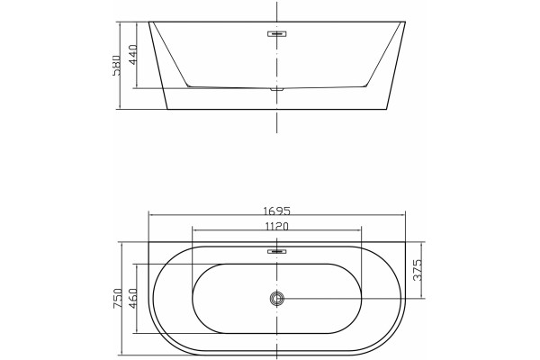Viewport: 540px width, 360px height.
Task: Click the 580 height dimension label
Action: [x=117, y=65]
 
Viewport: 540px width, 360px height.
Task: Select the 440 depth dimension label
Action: [x=133, y=55]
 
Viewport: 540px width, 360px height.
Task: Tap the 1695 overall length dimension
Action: [x=277, y=211]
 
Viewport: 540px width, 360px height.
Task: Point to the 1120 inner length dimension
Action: [x=277, y=226]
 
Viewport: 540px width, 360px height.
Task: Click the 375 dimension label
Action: [x=418, y=270]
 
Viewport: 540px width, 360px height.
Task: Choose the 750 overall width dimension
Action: [x=117, y=298]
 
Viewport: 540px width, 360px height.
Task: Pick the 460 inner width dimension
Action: [x=133, y=298]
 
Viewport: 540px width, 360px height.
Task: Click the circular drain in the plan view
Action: [x=277, y=298]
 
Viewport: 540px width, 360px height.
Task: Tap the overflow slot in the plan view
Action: [x=277, y=251]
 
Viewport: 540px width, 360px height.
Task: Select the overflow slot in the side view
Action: [x=277, y=34]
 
